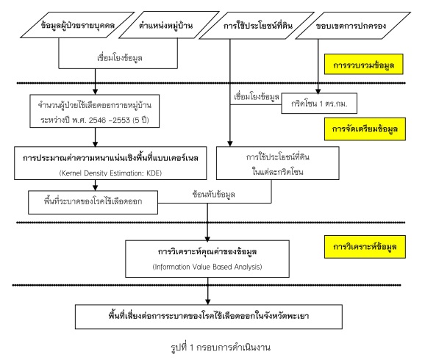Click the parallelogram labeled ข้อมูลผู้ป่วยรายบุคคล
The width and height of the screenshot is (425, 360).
tap(77, 25)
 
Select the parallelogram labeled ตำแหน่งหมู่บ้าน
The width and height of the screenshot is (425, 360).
tap(168, 25)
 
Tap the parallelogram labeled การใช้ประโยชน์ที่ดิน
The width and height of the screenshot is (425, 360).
tap(257, 26)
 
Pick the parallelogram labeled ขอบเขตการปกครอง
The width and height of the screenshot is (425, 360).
tap(353, 26)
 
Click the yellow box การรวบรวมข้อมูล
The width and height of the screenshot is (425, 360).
tap(364, 64)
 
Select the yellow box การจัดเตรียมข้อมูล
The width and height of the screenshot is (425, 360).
tap(365, 129)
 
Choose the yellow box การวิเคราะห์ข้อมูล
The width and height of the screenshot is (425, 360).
tap(365, 247)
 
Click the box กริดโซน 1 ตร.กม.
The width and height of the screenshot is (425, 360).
tap(319, 103)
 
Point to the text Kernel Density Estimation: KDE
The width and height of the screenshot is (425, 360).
tap(110, 173)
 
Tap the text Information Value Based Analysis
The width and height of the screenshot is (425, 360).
tap(207, 267)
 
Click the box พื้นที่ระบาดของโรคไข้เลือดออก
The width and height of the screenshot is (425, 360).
tap(93, 202)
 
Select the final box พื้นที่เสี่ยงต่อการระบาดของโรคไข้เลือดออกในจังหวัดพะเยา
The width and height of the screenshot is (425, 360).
tap(208, 317)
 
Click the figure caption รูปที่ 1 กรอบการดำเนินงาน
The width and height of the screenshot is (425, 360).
tap(221, 347)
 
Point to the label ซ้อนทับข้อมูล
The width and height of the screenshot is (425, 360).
tap(213, 194)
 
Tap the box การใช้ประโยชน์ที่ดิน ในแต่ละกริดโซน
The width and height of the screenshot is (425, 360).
tap(277, 163)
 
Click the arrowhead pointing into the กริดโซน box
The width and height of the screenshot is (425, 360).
tap(318, 90)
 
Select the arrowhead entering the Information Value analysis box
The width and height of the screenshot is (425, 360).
tap(207, 238)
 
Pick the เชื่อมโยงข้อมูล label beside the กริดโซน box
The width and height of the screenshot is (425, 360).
tap(257, 97)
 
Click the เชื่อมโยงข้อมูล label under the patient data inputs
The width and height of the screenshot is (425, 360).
tap(120, 58)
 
